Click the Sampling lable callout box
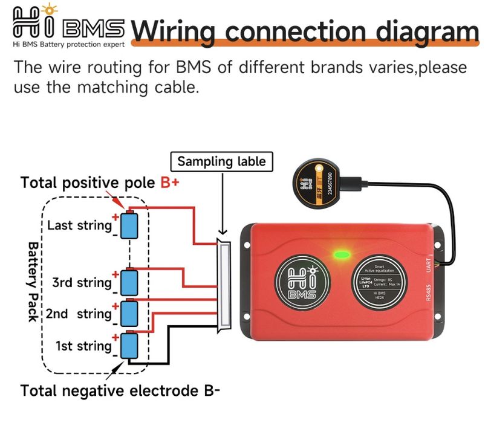click(x=222, y=162)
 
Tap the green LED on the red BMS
click(x=340, y=253)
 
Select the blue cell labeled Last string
click(x=129, y=225)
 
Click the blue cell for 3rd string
click(x=129, y=282)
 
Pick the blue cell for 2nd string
click(x=129, y=313)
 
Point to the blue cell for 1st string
click(x=129, y=346)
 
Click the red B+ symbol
click(x=170, y=182)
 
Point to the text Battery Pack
click(x=31, y=282)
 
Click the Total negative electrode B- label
click(x=120, y=390)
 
